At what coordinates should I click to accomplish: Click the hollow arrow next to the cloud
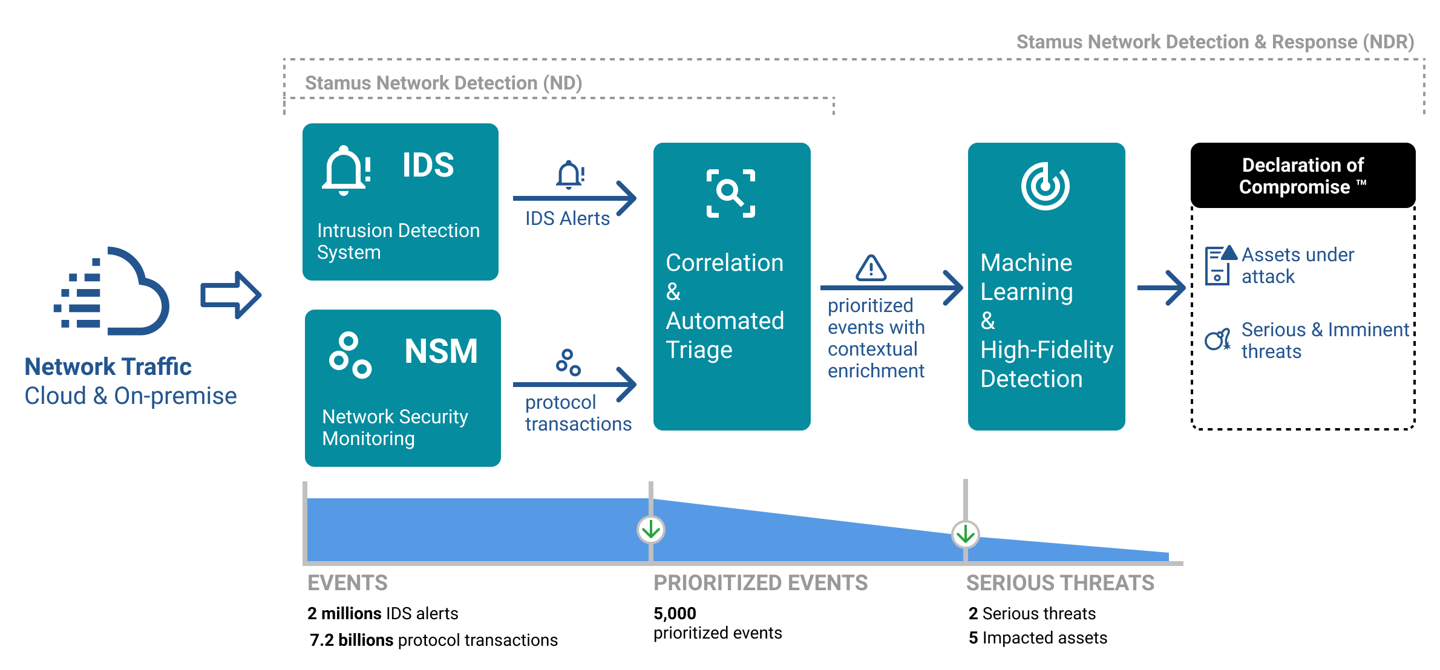(x=231, y=295)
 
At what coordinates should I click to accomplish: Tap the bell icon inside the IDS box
(x=346, y=171)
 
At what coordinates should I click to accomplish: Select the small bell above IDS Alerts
(x=571, y=175)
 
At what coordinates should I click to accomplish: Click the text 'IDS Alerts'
(x=567, y=218)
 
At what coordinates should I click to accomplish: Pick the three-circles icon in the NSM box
(x=350, y=355)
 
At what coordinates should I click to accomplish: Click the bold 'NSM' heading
(x=441, y=351)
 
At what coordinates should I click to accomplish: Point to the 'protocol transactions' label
(x=577, y=413)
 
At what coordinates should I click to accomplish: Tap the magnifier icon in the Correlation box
(x=731, y=194)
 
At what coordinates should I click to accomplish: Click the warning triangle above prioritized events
(x=871, y=268)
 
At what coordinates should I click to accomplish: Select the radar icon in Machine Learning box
(x=1045, y=186)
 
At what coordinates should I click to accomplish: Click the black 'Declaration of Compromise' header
(x=1302, y=175)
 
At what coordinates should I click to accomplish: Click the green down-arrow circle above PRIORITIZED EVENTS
(x=651, y=530)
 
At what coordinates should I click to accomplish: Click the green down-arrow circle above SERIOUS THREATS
(x=965, y=534)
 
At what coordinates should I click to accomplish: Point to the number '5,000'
(x=675, y=613)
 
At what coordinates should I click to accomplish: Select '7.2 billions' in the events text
(x=351, y=640)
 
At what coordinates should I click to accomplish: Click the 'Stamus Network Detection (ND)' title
(x=443, y=83)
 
